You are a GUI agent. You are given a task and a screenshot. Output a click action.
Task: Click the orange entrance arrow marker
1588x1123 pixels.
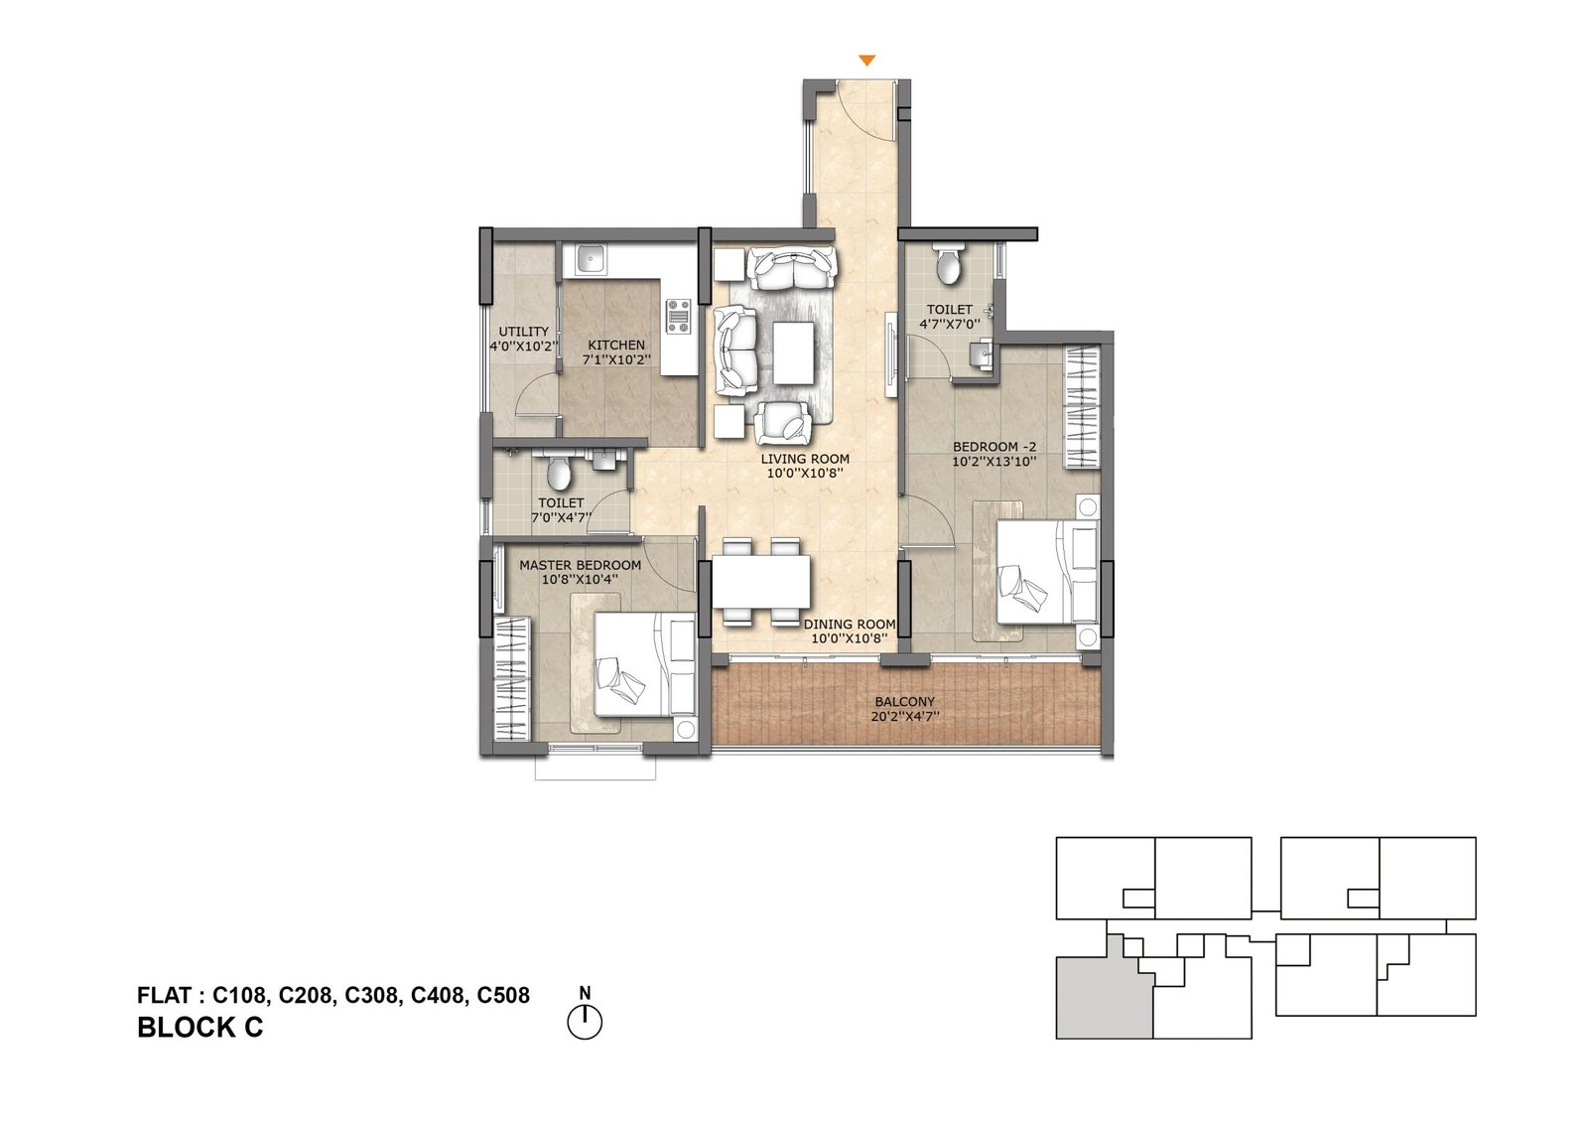pyautogui.click(x=866, y=61)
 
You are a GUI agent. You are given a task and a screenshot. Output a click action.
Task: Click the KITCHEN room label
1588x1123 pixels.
pyautogui.click(x=616, y=345)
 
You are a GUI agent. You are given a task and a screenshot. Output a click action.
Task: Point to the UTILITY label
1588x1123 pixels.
pyautogui.click(x=524, y=332)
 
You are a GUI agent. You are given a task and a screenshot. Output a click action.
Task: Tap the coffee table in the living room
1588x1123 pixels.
pyautogui.click(x=793, y=352)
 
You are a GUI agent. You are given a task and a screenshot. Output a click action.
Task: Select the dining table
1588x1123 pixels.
pyautogui.click(x=760, y=582)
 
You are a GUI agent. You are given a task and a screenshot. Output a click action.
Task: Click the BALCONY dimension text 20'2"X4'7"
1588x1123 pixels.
pyautogui.click(x=904, y=717)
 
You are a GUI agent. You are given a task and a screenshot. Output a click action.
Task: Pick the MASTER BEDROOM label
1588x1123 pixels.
pyautogui.click(x=580, y=565)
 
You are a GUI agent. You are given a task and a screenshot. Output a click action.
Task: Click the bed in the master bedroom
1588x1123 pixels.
pyautogui.click(x=644, y=664)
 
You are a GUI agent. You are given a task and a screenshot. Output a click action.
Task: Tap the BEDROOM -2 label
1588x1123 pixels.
pyautogui.click(x=993, y=447)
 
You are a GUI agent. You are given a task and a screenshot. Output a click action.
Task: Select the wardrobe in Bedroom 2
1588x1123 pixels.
pyautogui.click(x=1082, y=406)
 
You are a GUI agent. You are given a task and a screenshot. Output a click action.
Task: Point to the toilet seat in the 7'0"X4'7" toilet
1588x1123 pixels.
pyautogui.click(x=560, y=474)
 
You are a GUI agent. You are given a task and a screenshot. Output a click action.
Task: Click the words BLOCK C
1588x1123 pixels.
pyautogui.click(x=199, y=1028)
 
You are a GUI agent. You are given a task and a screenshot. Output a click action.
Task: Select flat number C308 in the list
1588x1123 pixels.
pyautogui.click(x=373, y=995)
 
